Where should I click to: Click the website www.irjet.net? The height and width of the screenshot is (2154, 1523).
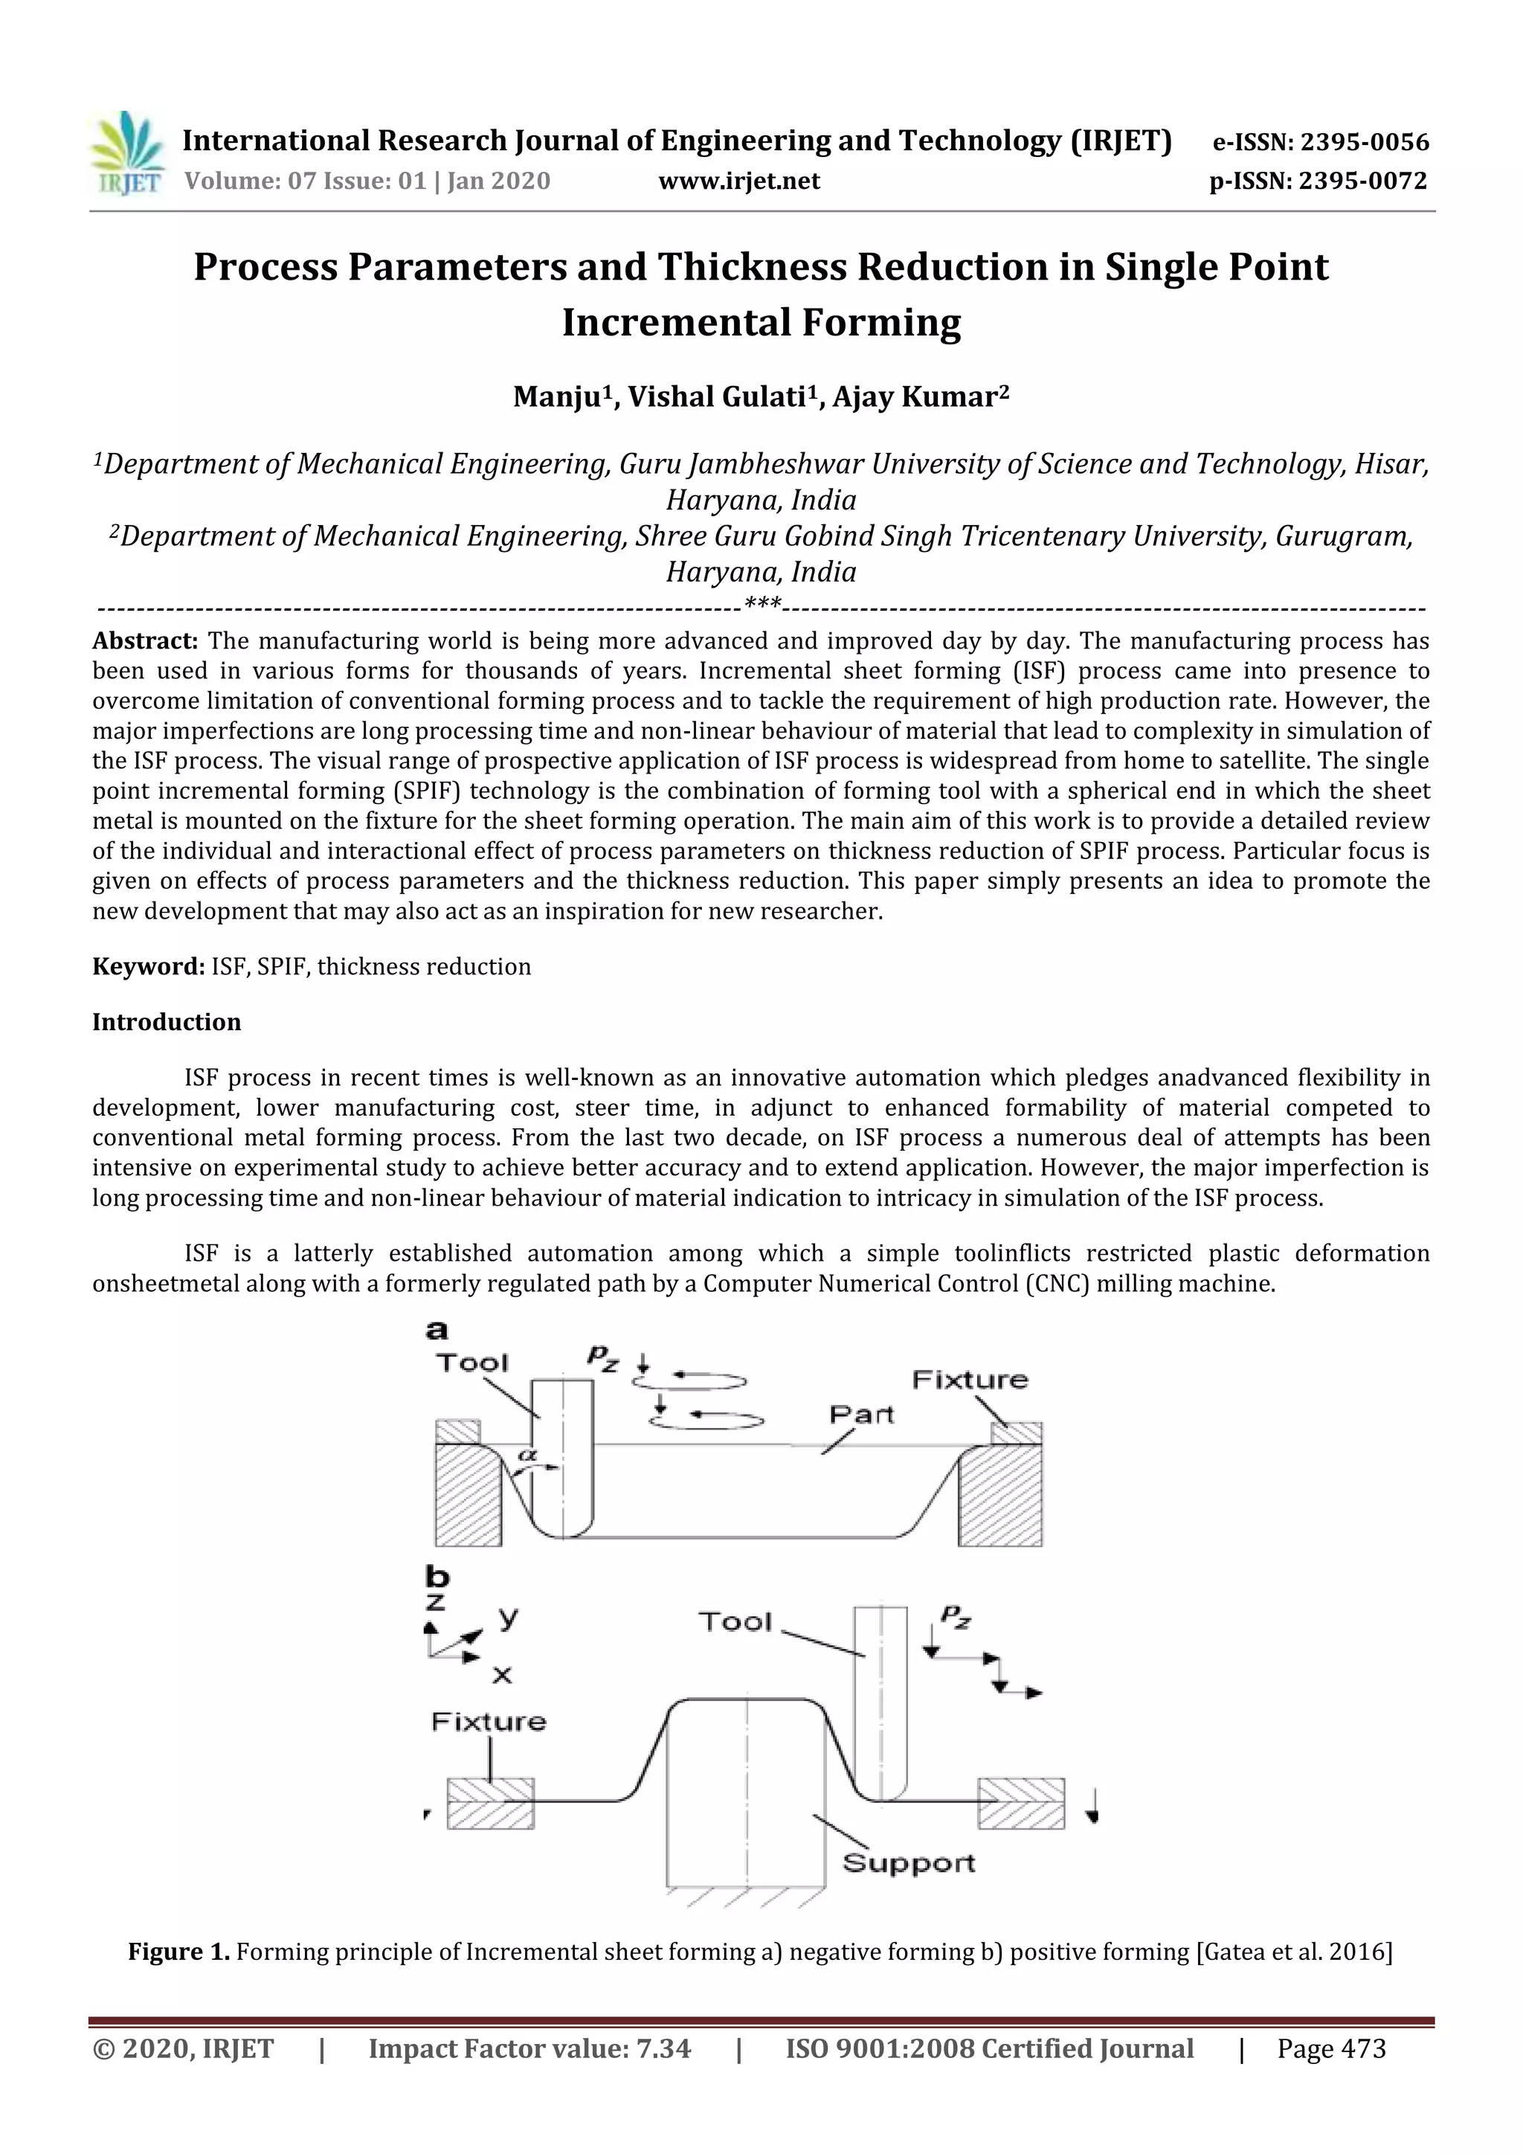click(x=739, y=181)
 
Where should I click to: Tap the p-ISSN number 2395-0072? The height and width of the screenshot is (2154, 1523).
click(x=1362, y=181)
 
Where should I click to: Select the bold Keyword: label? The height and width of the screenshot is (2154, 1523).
click(x=148, y=966)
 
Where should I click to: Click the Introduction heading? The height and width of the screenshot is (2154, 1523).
click(x=166, y=1022)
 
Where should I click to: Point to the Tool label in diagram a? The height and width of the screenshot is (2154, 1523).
click(x=471, y=1362)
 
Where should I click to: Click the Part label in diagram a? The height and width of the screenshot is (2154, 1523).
click(x=861, y=1414)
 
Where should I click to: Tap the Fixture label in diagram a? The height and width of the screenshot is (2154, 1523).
click(x=970, y=1379)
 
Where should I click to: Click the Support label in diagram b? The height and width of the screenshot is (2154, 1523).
click(x=909, y=1862)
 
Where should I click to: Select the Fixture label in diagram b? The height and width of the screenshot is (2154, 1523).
click(x=488, y=1722)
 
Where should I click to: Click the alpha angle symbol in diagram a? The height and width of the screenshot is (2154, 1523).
click(x=529, y=1455)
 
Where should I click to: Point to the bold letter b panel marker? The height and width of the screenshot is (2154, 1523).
click(x=437, y=1576)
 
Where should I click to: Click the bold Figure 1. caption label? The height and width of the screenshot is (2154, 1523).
click(x=178, y=1952)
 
